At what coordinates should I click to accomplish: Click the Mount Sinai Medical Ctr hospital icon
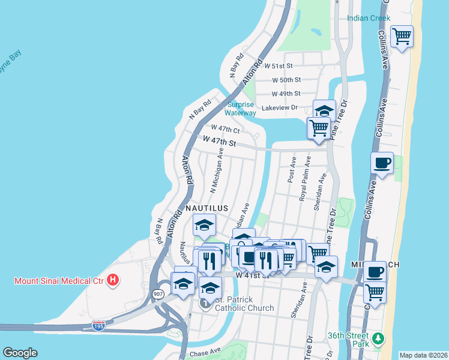tap(112, 280)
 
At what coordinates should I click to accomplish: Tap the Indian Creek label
tap(369, 18)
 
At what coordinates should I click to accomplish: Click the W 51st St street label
tap(281, 66)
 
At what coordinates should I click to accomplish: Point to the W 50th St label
tap(286, 80)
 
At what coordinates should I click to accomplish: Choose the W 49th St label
tap(286, 94)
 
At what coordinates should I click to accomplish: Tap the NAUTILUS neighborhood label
tap(206, 208)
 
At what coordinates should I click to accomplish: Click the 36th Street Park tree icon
tap(378, 339)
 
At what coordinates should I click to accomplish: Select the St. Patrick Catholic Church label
tap(244, 304)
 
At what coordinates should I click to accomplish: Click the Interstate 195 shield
tap(99, 325)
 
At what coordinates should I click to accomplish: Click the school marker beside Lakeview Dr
tap(324, 110)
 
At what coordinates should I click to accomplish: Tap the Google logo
tap(20, 353)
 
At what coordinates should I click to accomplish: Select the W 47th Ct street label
tap(225, 128)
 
